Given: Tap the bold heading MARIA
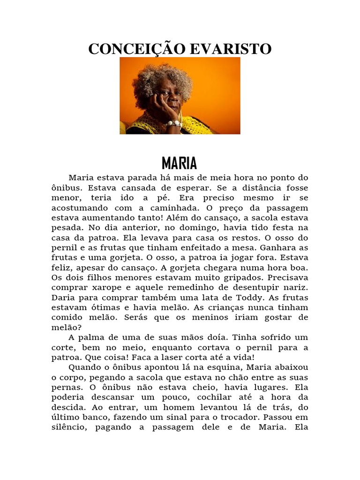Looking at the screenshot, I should [x=180, y=164].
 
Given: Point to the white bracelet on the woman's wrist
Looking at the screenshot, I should [x=174, y=124].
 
